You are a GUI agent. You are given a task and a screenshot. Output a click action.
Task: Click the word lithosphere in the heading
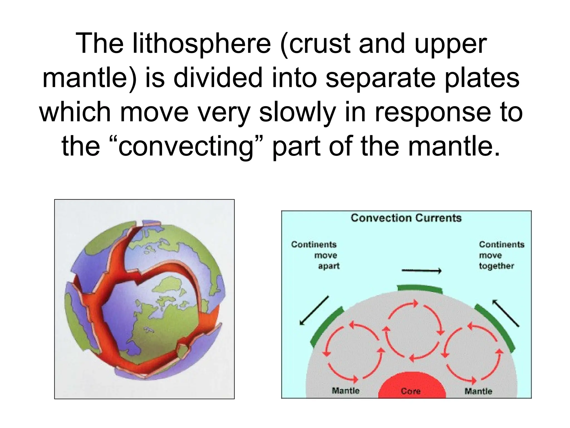coord(202,44)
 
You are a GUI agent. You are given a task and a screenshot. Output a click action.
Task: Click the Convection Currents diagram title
coord(406,218)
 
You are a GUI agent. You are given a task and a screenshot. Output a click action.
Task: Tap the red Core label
coord(411,391)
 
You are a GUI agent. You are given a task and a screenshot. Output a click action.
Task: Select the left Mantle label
coord(345,391)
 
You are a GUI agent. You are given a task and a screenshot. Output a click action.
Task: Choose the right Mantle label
coord(478,391)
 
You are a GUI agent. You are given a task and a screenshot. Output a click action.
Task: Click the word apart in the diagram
coord(329,266)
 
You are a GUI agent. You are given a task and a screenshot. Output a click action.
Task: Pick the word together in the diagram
coord(496,266)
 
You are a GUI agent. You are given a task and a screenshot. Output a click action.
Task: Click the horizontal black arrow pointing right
coord(421,271)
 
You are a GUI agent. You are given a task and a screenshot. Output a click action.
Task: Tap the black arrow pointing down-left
coord(314,310)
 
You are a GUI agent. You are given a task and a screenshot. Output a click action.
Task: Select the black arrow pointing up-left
coord(505,313)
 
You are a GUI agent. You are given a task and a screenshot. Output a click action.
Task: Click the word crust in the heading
coord(319,44)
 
